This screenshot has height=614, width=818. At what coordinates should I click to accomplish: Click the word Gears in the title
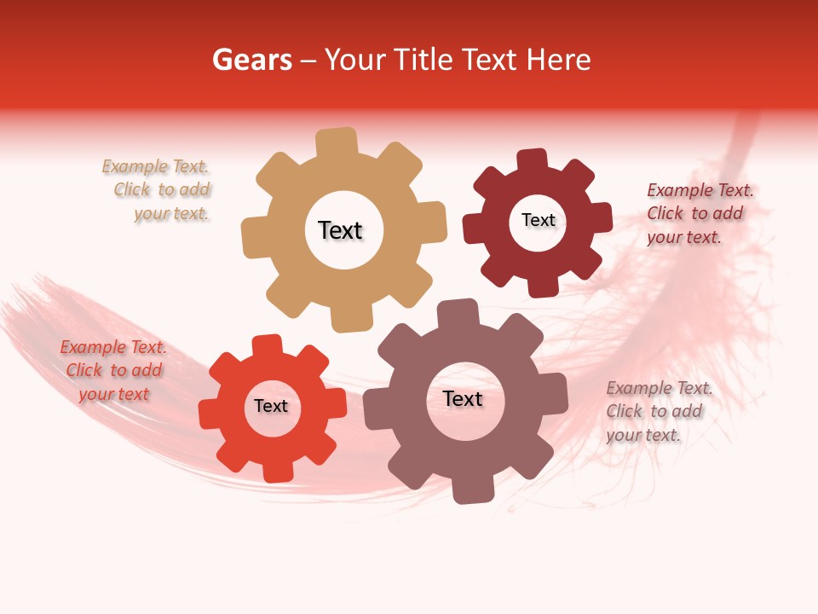coord(251,60)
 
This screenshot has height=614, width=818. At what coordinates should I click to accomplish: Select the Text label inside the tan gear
coord(340,230)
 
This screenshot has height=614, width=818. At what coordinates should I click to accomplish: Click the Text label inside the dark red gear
coord(538,220)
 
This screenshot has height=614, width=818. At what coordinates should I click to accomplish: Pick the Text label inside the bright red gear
coord(271,406)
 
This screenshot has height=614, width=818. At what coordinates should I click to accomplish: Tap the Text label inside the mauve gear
coord(463,398)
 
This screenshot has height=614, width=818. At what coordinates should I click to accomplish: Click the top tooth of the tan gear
coord(337,141)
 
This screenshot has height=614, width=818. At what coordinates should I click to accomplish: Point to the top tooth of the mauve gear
coord(458,313)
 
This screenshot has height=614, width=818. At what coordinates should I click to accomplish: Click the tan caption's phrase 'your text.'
coord(171,214)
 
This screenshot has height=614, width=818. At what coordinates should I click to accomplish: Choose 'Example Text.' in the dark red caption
coord(700,190)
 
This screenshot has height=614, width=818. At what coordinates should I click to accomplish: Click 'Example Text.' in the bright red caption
coord(113,347)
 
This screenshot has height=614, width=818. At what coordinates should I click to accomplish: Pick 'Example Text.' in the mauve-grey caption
coord(660,388)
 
